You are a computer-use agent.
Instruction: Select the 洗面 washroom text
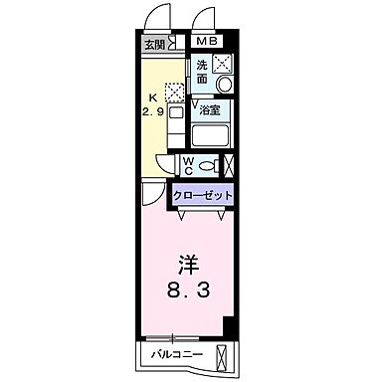tap(201, 72)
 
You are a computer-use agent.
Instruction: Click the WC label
tap(188, 165)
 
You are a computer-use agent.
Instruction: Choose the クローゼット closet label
tap(204, 196)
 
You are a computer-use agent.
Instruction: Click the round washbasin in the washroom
tap(224, 86)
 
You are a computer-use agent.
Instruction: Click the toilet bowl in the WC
tap(209, 166)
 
